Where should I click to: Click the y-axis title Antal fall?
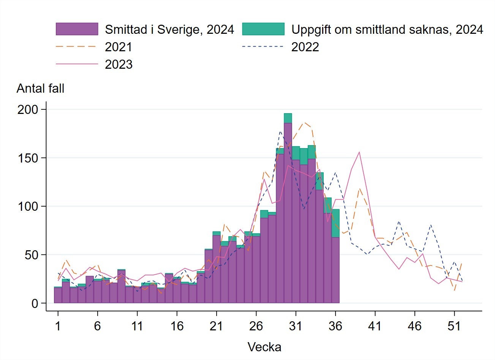40,88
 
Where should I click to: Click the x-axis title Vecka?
264,347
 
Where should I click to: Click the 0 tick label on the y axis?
35,303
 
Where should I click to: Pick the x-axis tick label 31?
296,326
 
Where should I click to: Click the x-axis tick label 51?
454,326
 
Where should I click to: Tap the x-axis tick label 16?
177,326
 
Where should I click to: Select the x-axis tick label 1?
58,326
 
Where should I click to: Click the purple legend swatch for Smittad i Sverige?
77,29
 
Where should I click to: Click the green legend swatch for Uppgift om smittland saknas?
263,29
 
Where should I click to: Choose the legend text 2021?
119,47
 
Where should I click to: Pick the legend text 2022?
305,47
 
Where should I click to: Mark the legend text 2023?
119,65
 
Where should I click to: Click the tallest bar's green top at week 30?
288,118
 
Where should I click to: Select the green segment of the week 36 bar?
335,223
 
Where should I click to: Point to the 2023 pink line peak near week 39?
359,152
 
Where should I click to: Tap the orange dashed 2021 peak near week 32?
304,123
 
